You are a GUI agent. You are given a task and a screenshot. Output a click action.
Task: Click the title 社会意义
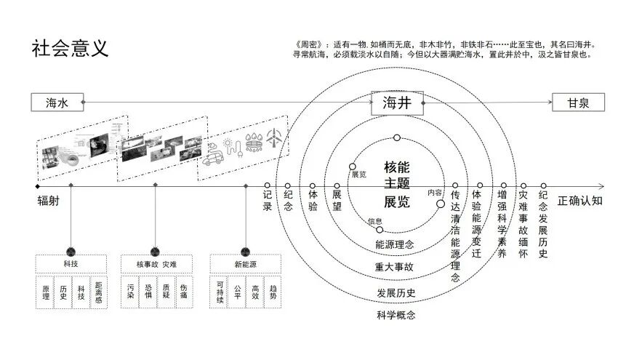coord(70,49)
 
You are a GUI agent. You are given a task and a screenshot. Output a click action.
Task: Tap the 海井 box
coord(397,103)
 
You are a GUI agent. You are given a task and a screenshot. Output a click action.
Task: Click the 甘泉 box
coord(578,103)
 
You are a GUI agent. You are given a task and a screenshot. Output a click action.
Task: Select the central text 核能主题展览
coord(397,185)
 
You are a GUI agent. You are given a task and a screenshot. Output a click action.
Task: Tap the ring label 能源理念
coord(395,244)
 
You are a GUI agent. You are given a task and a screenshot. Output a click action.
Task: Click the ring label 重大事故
coord(395,267)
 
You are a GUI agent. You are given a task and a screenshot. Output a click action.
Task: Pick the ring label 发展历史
coord(396,293)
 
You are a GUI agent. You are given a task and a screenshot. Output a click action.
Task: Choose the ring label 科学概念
coord(396,315)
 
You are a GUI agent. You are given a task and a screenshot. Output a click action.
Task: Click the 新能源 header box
coord(245,263)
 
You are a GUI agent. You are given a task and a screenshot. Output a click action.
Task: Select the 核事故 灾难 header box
coord(156,263)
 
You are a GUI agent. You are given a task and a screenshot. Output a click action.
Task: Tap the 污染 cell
coord(130,292)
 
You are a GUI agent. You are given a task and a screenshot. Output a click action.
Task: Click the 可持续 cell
coord(219,292)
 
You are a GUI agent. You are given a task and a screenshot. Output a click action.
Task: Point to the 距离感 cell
coord(98,292)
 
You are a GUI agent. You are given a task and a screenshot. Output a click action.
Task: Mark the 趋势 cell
coord(272,292)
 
